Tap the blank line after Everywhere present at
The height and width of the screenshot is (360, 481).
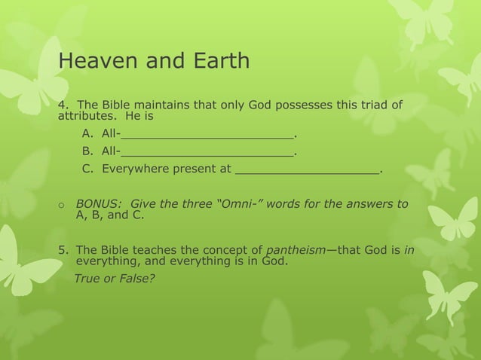(307, 170)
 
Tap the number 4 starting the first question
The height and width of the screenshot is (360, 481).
(63, 104)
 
